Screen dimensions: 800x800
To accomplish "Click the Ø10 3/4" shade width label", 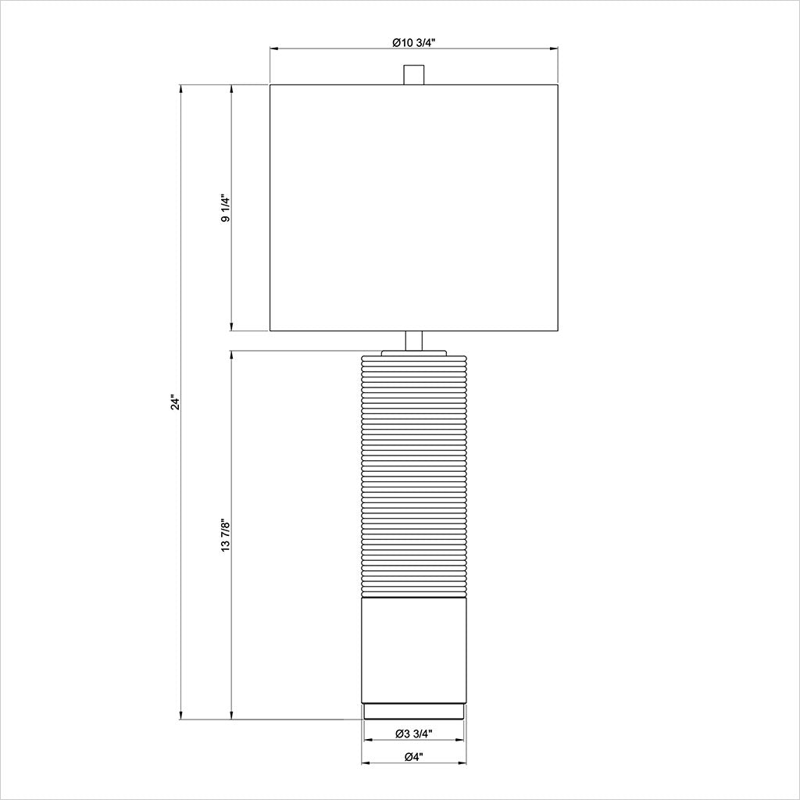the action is point(413,43).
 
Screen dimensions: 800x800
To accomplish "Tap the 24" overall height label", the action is point(176,402).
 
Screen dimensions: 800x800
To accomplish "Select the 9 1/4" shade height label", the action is point(226,208).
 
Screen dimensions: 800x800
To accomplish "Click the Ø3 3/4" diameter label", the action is point(414,734).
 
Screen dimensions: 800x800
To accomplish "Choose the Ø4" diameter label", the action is point(414,757).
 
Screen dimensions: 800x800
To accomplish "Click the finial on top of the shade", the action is point(414,74).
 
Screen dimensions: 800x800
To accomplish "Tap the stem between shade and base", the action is point(414,341).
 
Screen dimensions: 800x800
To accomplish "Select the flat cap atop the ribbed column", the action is point(414,353).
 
